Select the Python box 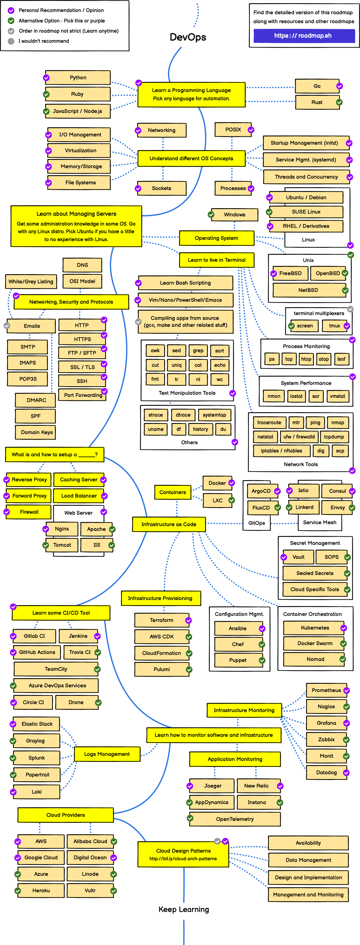[78, 77]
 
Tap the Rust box [317, 102]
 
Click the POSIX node [233, 129]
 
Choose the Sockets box [162, 188]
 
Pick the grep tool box [198, 350]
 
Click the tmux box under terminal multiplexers [334, 325]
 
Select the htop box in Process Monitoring [306, 359]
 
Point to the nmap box [337, 422]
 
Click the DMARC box [36, 400]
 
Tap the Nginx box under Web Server [62, 529]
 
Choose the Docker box [217, 483]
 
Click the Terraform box [162, 620]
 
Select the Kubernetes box [315, 628]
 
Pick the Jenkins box [78, 636]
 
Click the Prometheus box [326, 690]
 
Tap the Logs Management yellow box [107, 754]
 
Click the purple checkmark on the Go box [339, 86]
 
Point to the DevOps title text [188, 37]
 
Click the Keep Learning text [183, 909]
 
